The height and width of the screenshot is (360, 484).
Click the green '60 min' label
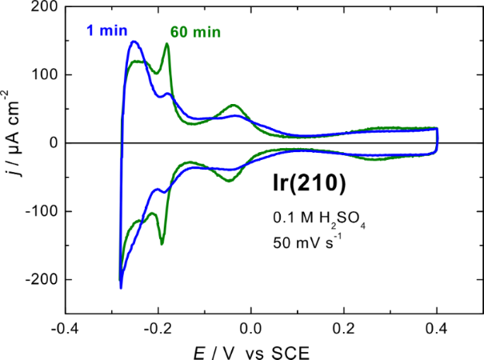[194, 33]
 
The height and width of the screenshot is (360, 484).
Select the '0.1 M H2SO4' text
[306, 218]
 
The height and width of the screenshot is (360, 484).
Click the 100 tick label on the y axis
[42, 75]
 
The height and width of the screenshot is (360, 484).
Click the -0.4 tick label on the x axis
[65, 329]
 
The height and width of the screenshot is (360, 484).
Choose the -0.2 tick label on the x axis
[158, 329]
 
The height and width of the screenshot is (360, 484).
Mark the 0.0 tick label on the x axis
[251, 329]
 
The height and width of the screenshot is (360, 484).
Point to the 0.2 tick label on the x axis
[344, 329]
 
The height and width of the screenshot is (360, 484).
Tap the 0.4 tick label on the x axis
[437, 329]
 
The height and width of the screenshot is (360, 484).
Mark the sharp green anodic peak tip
[167, 44]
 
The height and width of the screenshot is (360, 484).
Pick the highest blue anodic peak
[134, 42]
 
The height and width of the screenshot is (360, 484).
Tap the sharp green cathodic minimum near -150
[162, 242]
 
